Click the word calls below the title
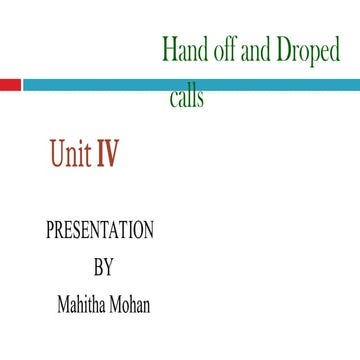click(x=187, y=98)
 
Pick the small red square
click(x=10, y=85)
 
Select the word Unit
click(x=69, y=154)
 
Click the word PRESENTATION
click(x=100, y=231)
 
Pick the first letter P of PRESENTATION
click(x=51, y=231)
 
